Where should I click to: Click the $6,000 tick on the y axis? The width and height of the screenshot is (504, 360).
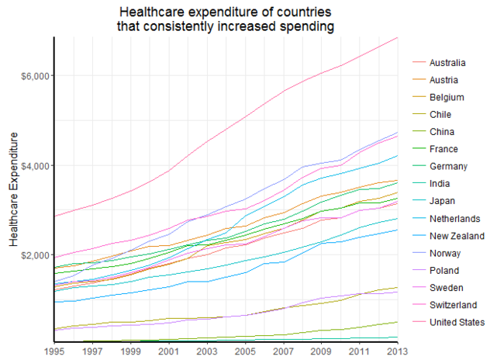(33, 76)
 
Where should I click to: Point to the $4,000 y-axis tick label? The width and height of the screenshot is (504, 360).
(33, 166)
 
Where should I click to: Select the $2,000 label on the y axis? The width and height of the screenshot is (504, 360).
(33, 256)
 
